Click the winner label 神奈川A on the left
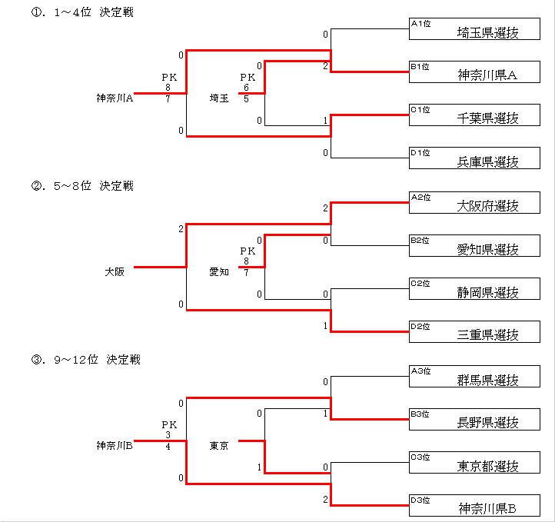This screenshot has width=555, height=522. tap(115, 98)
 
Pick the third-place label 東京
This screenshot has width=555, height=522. tap(219, 445)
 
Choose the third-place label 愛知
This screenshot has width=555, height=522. tap(219, 271)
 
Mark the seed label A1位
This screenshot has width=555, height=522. tap(420, 24)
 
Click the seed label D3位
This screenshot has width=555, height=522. tap(420, 500)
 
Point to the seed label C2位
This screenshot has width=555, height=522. tap(420, 284)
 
